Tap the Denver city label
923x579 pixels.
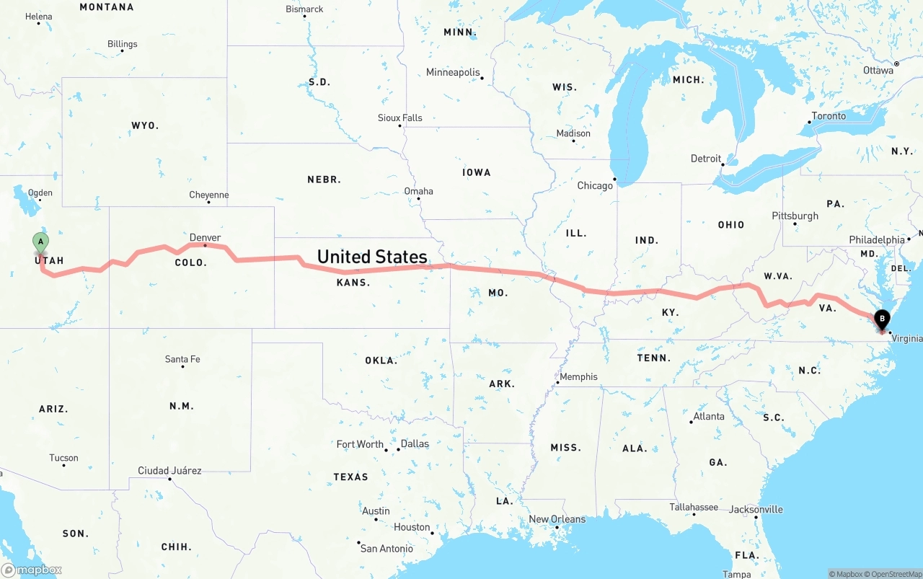pos(205,238)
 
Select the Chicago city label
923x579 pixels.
pos(595,186)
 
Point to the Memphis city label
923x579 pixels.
pos(578,377)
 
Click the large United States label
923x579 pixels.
pos(372,257)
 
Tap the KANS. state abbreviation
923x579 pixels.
pos(353,283)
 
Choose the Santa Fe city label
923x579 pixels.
pos(182,359)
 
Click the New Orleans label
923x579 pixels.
pos(557,519)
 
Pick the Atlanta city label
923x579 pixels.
pos(709,417)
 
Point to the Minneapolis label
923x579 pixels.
pos(453,73)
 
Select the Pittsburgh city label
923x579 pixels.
pos(795,216)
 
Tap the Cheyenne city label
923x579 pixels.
pos(208,195)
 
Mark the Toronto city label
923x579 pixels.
pos(829,116)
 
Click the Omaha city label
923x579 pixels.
pos(418,191)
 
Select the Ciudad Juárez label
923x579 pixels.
pos(169,471)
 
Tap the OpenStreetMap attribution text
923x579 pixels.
pos(896,574)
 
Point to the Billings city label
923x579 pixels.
pos(122,44)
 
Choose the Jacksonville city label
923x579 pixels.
pos(756,510)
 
